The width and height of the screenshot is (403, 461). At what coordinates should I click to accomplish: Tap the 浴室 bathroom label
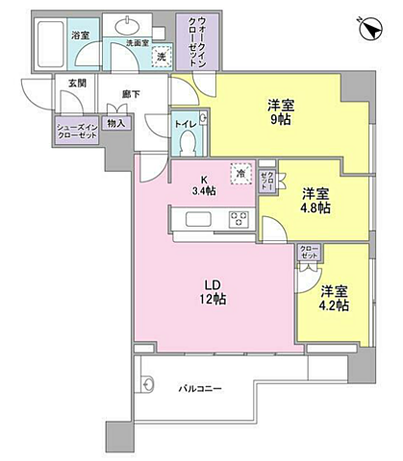[81, 36]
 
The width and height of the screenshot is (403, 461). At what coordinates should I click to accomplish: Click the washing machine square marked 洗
[162, 57]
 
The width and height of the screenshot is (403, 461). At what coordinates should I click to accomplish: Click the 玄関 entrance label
[76, 84]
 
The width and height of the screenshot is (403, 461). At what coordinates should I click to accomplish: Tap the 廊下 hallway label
[130, 94]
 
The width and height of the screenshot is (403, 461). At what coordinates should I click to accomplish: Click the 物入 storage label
[115, 123]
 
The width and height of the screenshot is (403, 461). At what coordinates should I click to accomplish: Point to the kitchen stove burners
[238, 219]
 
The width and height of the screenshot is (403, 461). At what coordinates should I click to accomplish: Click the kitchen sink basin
[191, 220]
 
